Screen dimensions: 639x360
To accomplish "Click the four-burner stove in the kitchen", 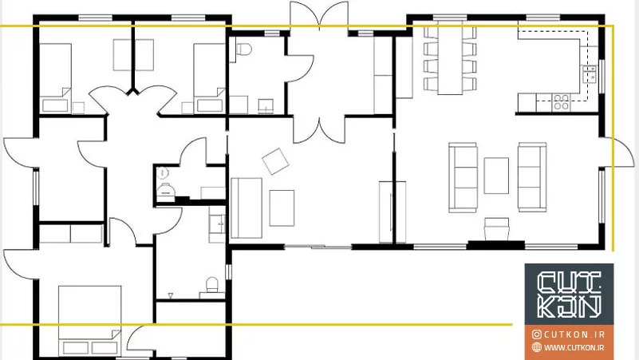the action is click(561, 102).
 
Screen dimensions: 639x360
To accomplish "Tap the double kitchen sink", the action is click(590, 73).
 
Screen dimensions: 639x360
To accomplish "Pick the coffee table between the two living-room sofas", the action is click(496, 176).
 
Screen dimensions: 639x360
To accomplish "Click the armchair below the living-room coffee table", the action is click(497, 229).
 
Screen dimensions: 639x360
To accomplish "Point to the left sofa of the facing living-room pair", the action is click(463, 177).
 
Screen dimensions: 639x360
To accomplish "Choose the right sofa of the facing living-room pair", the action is click(532, 177).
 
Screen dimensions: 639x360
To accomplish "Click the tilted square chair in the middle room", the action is click(275, 161).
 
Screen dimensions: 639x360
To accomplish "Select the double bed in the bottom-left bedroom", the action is click(89, 320).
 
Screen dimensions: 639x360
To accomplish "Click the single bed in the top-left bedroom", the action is click(55, 77).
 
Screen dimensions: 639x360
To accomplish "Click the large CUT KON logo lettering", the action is click(570, 294).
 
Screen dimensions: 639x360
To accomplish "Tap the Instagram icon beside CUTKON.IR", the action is click(537, 334).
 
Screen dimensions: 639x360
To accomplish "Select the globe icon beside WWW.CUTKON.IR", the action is click(537, 347).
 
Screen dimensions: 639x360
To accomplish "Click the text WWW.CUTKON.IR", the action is click(574, 347).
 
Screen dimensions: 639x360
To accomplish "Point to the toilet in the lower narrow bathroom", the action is click(212, 285).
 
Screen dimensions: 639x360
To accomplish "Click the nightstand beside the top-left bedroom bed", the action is click(78, 108).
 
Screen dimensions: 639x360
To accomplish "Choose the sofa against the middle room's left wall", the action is click(247, 208).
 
